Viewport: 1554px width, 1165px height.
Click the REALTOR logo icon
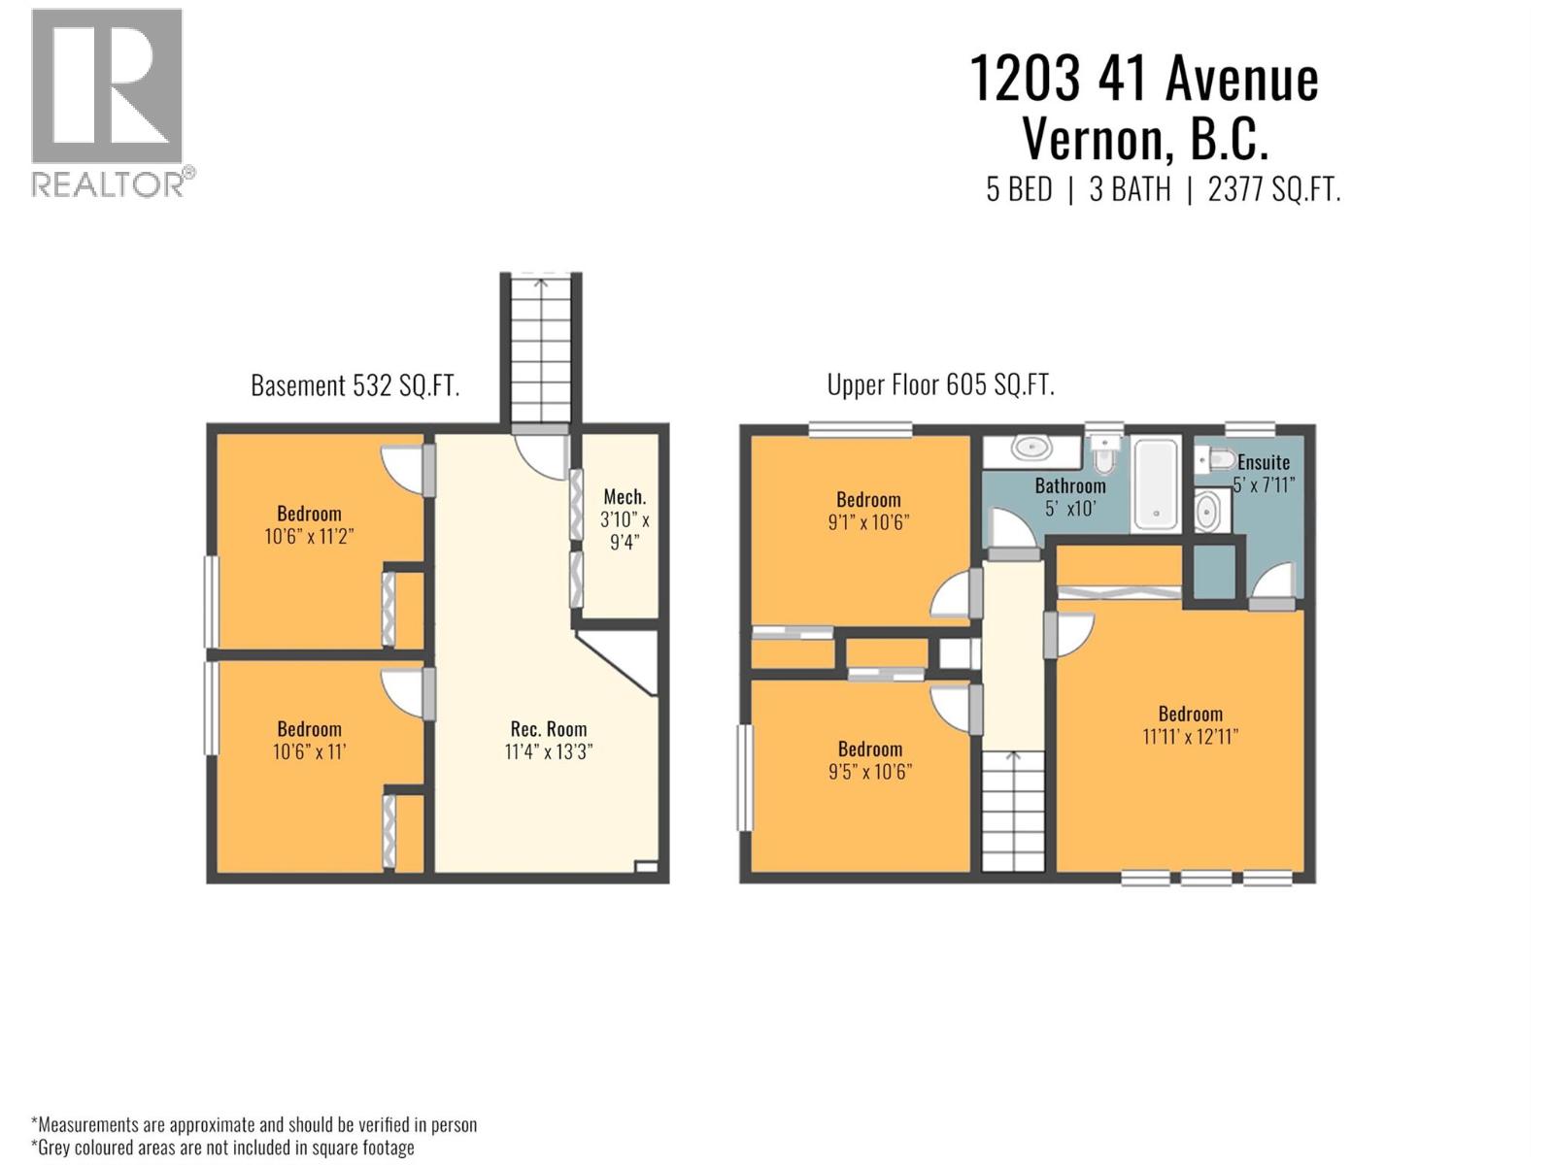(107, 87)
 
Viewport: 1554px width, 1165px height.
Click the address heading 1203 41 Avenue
(1144, 78)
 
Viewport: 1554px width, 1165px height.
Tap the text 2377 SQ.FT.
(1273, 188)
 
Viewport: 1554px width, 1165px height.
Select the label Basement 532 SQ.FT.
(355, 385)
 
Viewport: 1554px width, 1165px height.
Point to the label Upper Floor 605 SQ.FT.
(940, 384)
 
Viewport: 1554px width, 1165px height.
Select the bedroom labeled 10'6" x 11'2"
(309, 524)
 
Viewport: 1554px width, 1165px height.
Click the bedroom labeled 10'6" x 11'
(309, 740)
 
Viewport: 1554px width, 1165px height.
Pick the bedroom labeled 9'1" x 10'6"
(868, 511)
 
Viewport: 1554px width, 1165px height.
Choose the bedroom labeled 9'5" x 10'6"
(870, 759)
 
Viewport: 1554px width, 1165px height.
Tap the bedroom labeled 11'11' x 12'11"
(1190, 724)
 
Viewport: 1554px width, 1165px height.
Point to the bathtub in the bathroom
(1156, 483)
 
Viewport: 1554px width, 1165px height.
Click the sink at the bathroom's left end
(1030, 449)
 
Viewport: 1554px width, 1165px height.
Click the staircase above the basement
(540, 349)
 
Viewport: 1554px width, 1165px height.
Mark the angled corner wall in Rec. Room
(618, 664)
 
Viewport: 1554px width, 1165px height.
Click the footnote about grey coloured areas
(223, 1148)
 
